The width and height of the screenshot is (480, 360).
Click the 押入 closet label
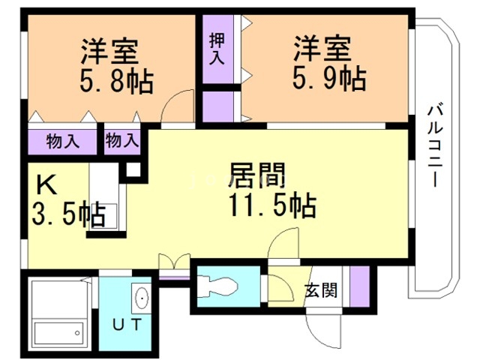tap(217, 50)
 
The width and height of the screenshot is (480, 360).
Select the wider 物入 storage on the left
tap(63, 139)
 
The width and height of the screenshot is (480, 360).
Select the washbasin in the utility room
tap(140, 298)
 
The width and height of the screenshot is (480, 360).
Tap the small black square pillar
tap(133, 169)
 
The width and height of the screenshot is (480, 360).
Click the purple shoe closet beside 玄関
tap(358, 286)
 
